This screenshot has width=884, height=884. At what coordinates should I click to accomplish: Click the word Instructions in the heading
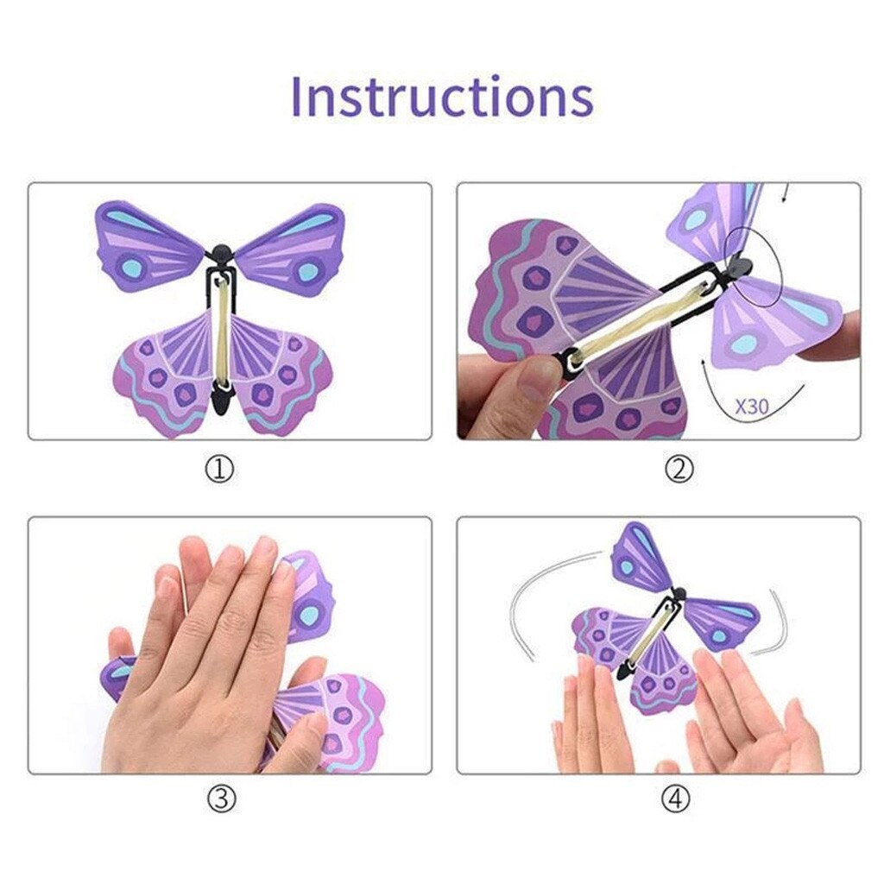point(441,97)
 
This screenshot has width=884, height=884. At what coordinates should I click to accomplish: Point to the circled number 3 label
point(220,799)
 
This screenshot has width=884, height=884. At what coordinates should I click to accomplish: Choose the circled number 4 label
point(676,799)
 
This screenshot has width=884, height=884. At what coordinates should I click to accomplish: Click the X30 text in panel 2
point(751,406)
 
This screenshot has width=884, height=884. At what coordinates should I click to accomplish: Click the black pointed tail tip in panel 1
point(222,399)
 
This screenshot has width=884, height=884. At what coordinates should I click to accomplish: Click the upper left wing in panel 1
point(147,242)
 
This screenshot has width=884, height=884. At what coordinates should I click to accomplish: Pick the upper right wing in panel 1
point(298,242)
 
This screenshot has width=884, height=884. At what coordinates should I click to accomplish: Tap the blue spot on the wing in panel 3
point(308,615)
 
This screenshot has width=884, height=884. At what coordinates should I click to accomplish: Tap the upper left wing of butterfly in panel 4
point(637,557)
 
